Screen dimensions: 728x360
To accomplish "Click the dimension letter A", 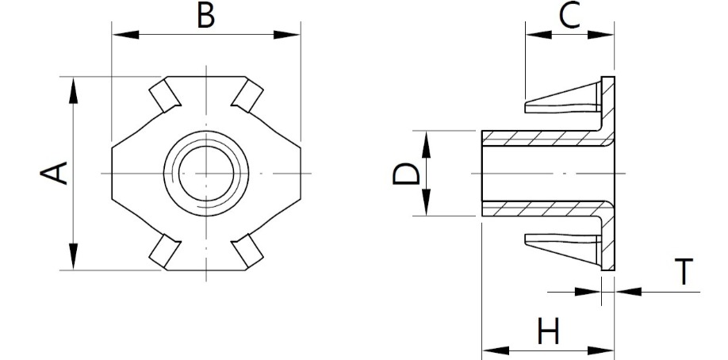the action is click(54, 174).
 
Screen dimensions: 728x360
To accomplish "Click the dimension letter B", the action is click(205, 14).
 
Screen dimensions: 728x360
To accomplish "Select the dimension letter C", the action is click(569, 15).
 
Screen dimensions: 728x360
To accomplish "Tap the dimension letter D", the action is click(406, 174).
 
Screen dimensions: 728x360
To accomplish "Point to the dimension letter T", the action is click(684, 271).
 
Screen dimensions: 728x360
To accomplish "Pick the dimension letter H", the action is click(548, 331).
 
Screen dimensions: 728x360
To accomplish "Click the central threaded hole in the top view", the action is click(206, 174).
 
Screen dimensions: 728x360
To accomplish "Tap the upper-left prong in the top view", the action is click(165, 96).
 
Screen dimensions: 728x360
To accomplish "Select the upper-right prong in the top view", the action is click(247, 96).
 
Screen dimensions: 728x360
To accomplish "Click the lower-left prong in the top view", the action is click(165, 251).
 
